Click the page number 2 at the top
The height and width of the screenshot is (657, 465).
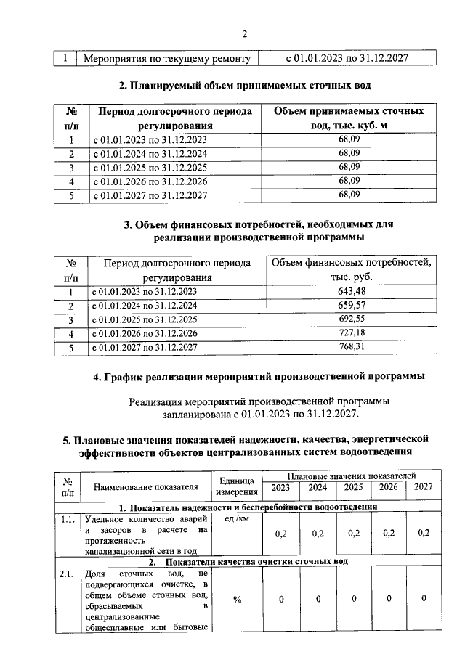(x=245, y=34)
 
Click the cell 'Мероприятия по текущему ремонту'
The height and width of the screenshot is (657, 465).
(x=167, y=58)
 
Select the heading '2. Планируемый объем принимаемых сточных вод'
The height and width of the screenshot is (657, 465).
(x=245, y=86)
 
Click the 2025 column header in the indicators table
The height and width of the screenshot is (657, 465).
(x=353, y=487)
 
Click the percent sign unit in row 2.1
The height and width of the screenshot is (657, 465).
(x=237, y=599)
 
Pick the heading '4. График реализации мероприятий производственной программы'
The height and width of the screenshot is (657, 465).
(x=245, y=376)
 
